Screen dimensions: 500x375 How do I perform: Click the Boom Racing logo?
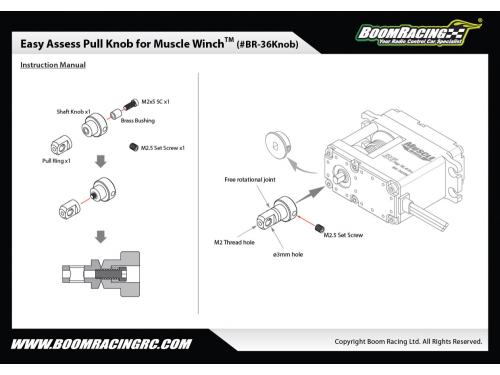tap(418, 33)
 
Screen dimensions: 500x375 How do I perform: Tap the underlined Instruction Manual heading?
tap(53, 65)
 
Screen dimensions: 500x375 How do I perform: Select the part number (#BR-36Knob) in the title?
tap(267, 44)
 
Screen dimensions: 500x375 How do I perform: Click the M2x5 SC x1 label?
tap(155, 102)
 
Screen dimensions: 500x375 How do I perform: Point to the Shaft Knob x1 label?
tap(73, 112)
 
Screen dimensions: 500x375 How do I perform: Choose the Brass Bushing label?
tap(138, 121)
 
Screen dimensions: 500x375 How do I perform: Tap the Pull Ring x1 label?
tap(56, 161)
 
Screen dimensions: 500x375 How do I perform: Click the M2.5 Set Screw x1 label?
tap(163, 148)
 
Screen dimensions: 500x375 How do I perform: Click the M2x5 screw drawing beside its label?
tap(131, 104)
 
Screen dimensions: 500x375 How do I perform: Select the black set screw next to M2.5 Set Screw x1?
tap(134, 147)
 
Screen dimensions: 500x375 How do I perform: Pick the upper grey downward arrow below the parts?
tap(101, 161)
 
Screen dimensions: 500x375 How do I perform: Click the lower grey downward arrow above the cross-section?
tap(101, 237)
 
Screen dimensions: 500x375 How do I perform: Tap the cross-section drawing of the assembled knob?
tap(101, 274)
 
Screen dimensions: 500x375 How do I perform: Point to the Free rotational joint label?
tap(250, 180)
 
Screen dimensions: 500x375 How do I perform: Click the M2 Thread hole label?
tap(234, 242)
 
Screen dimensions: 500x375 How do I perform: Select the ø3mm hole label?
tap(288, 255)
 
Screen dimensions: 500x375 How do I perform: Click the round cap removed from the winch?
tap(278, 145)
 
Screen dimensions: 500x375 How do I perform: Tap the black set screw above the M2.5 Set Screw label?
tap(320, 228)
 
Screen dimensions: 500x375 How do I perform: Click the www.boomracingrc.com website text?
tap(101, 344)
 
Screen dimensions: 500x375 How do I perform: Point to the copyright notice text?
tap(408, 342)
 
